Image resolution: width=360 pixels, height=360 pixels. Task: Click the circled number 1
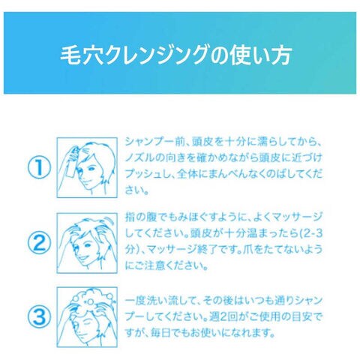tap(39, 167)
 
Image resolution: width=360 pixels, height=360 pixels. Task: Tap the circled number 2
tap(39, 243)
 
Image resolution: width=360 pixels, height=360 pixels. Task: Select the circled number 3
tap(39, 317)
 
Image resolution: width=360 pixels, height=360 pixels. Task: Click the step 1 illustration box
tap(87, 167)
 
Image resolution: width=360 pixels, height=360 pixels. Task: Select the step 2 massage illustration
tap(87, 243)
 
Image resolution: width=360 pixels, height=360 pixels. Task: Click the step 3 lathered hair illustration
tap(87, 317)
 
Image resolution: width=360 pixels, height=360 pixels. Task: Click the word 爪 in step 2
tap(247, 250)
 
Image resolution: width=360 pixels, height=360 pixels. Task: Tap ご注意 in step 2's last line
tap(149, 265)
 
